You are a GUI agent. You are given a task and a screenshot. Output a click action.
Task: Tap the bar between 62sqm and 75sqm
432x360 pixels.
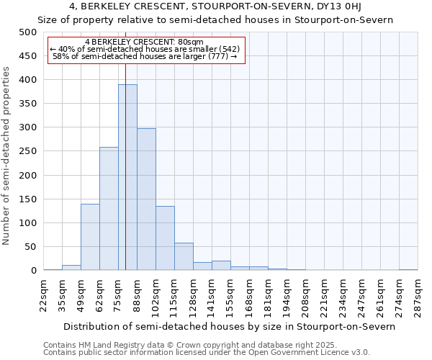click(x=109, y=209)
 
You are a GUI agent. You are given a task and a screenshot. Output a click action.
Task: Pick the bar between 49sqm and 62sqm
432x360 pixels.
click(x=90, y=237)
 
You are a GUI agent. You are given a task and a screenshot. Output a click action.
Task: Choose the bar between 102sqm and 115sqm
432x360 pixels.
click(x=165, y=238)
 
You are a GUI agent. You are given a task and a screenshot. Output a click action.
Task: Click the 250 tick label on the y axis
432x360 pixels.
click(x=27, y=151)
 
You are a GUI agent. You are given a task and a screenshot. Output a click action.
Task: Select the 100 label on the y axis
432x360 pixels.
click(x=27, y=223)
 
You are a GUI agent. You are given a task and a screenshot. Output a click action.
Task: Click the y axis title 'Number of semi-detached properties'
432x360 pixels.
click(x=7, y=156)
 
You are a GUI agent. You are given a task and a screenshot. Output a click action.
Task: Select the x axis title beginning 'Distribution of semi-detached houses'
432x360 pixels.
click(x=229, y=326)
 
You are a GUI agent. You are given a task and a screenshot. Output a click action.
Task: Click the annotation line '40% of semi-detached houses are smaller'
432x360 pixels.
click(x=144, y=49)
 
